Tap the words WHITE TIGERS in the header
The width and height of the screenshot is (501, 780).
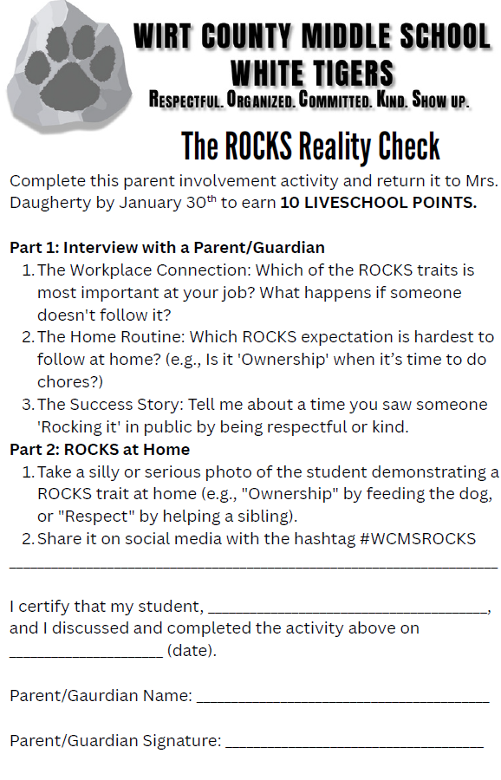[x=311, y=73]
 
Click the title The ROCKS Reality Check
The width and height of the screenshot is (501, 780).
[x=310, y=146]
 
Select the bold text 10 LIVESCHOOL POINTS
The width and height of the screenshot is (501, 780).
[x=378, y=204]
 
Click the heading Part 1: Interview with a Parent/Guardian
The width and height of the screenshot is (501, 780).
[x=167, y=247]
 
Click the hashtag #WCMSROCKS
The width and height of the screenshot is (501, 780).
[x=415, y=539]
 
